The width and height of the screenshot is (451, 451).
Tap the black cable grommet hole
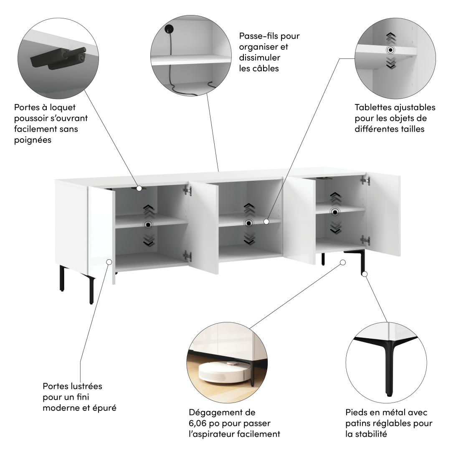click(169, 29)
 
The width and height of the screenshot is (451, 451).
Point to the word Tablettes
click(373, 107)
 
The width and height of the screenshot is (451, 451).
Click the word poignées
click(33, 140)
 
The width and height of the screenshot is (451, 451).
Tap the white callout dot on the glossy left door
click(109, 262)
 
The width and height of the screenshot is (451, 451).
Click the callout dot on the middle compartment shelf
click(266, 221)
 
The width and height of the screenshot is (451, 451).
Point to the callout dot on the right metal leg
click(365, 274)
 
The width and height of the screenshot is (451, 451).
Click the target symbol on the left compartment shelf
click(148, 224)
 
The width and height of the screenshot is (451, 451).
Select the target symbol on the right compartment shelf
click(335, 212)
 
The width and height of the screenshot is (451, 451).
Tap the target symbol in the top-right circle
click(390, 50)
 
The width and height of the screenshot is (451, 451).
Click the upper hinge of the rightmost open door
click(365, 180)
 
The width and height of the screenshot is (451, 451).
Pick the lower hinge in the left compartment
click(187, 256)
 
